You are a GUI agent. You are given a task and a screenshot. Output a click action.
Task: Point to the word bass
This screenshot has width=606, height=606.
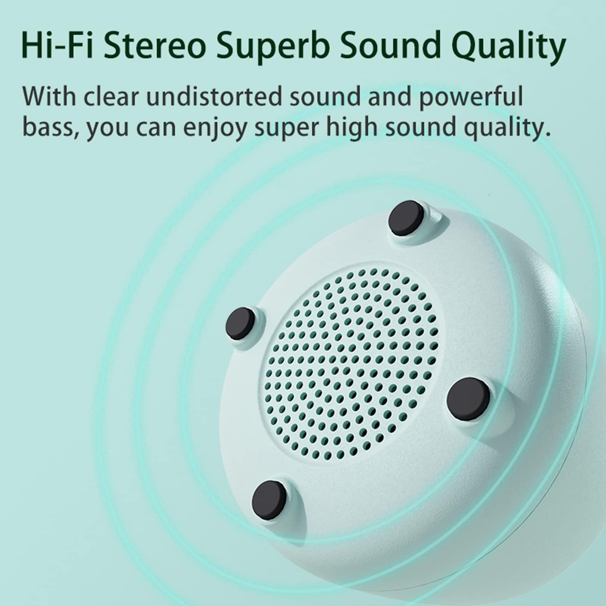point(49,127)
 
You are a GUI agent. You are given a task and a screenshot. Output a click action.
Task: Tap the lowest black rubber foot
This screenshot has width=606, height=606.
point(269,498)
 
